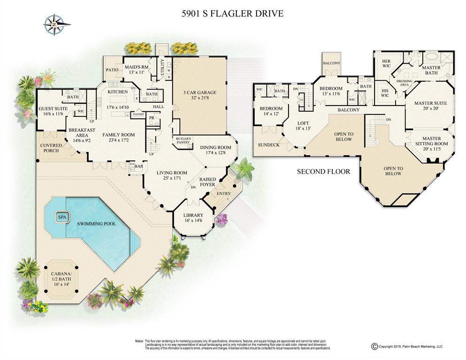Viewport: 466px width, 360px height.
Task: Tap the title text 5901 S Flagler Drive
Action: pyautogui.click(x=232, y=14)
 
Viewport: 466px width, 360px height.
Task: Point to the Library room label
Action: pyautogui.click(x=192, y=217)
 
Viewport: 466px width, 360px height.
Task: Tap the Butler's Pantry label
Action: pyautogui.click(x=183, y=141)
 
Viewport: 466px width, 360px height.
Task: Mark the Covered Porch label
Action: pyautogui.click(x=51, y=149)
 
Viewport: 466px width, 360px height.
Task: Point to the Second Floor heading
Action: pyautogui.click(x=323, y=171)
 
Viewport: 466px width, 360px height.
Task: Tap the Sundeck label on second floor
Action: pyautogui.click(x=268, y=145)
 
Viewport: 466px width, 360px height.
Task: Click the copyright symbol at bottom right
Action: pyautogui.click(x=374, y=346)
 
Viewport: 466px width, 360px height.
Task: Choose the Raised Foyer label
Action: pyautogui.click(x=208, y=182)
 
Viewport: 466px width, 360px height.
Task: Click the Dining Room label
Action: pyautogui.click(x=215, y=150)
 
